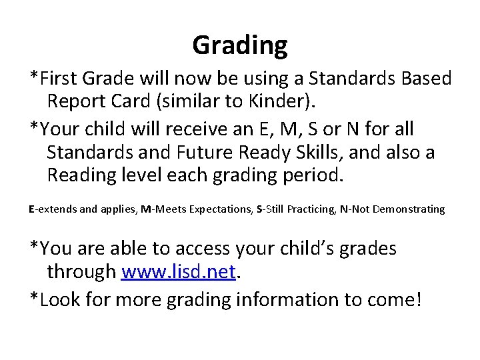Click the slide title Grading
[x=240, y=45]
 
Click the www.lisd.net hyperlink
[x=179, y=271]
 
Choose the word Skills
[x=323, y=153]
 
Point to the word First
[x=59, y=78]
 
